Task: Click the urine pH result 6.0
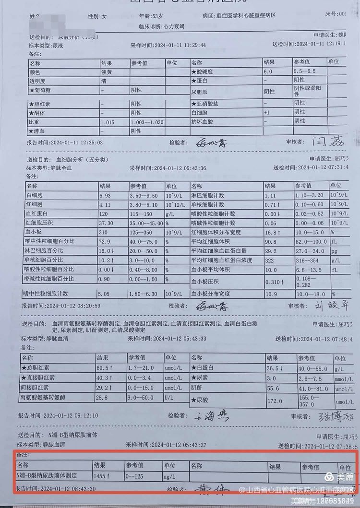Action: [268, 71]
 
